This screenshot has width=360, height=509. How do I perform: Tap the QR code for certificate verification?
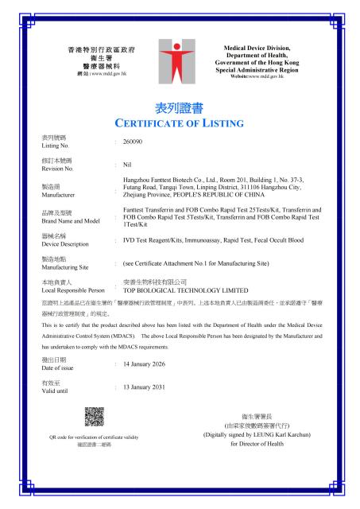95,417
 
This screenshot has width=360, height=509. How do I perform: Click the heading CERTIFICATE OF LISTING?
180,123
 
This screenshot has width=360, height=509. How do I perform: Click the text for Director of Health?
257,444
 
